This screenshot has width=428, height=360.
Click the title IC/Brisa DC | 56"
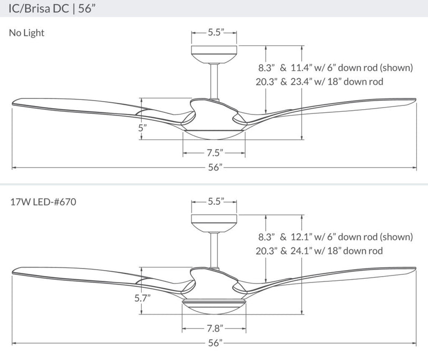pos(52,9)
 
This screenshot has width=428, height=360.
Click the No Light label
pos(27,33)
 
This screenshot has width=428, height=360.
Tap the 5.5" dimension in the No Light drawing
pos(215,33)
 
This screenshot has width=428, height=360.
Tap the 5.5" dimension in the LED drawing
pos(215,202)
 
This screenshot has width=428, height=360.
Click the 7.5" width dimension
pos(215,153)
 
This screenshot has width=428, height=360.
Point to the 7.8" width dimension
pos(215,327)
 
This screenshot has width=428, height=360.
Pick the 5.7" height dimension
pos(142,298)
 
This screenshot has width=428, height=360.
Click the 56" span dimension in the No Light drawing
pos(215,167)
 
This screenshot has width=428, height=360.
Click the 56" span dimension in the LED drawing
pos(215,342)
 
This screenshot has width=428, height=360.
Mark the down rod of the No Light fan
pos(215,80)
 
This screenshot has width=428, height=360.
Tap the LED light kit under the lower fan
pos(215,306)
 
